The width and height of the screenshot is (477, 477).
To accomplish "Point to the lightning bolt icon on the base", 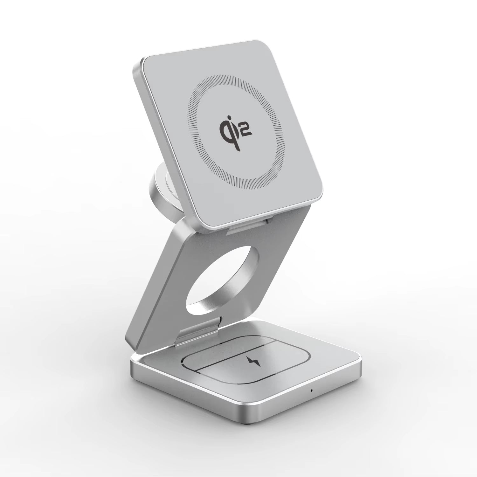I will pyautogui.click(x=254, y=361).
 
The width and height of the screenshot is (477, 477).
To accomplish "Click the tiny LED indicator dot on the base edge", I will pyautogui.click(x=312, y=390).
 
